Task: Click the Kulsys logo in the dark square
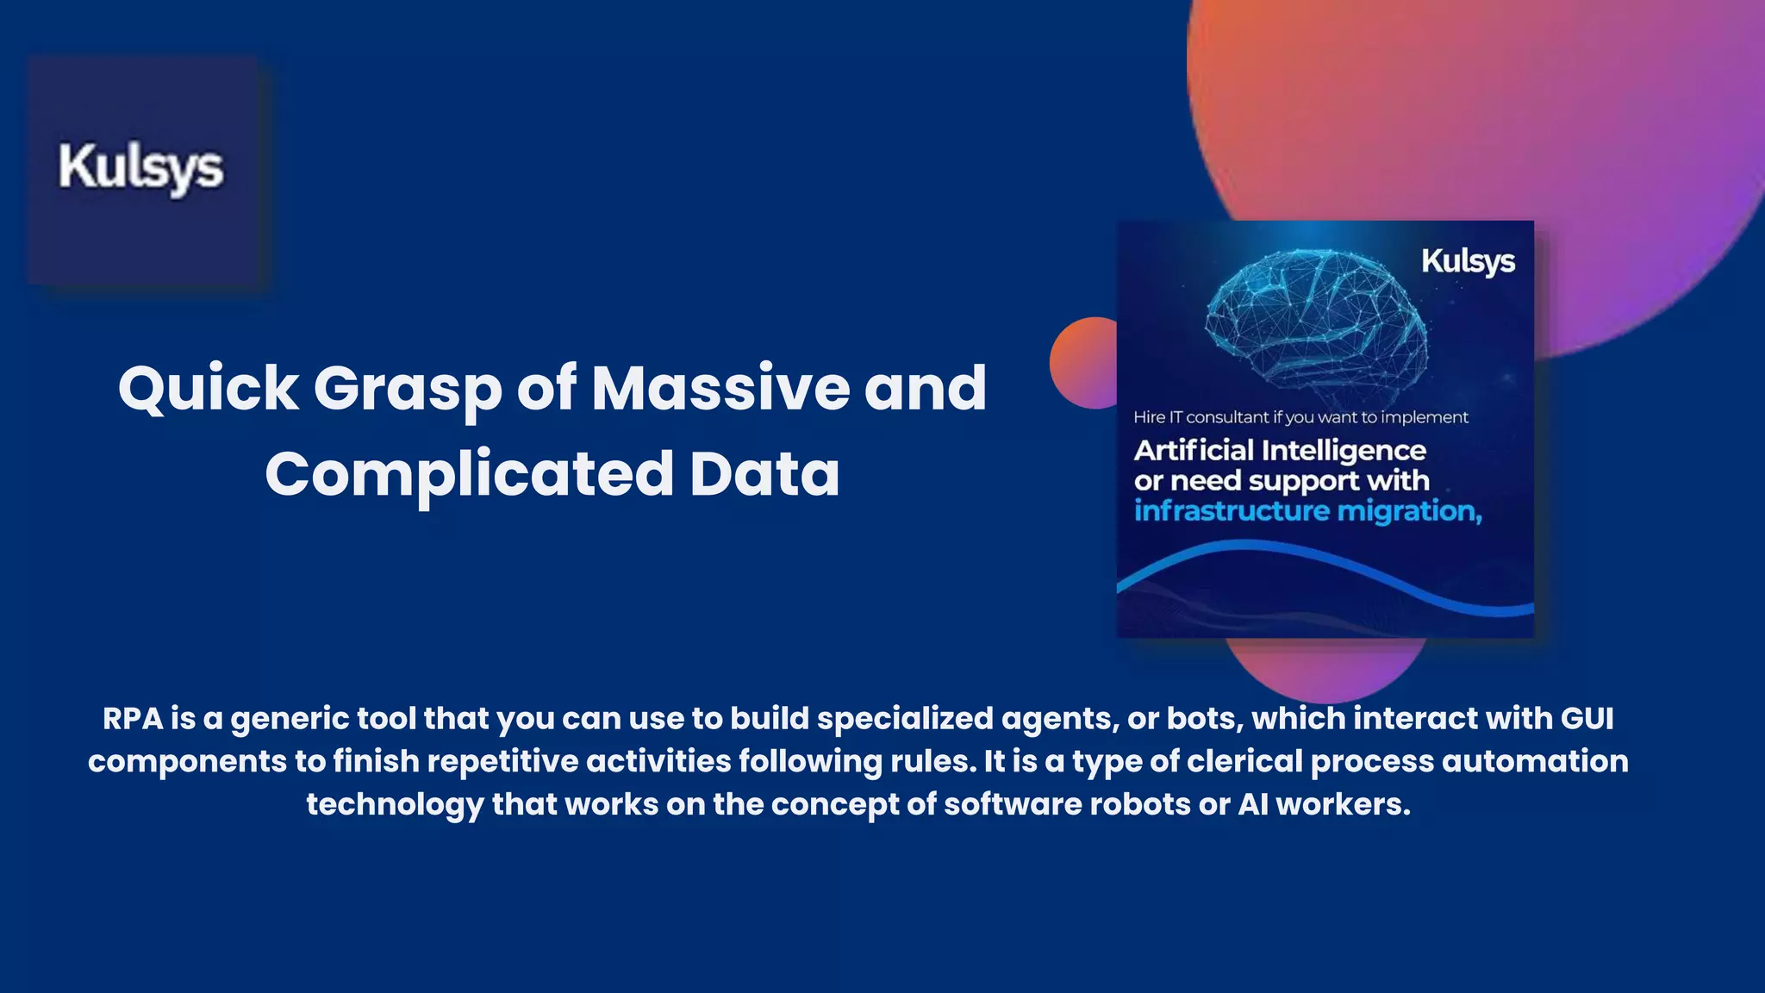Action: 141,168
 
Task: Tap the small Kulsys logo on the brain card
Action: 1468,261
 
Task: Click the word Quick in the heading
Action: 208,389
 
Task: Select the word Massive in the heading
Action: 720,389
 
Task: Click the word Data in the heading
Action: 764,475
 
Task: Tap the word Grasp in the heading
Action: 407,389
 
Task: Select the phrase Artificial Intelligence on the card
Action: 1280,450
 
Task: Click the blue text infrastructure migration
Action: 1307,511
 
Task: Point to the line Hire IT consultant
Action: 1300,417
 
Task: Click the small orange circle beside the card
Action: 1082,363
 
